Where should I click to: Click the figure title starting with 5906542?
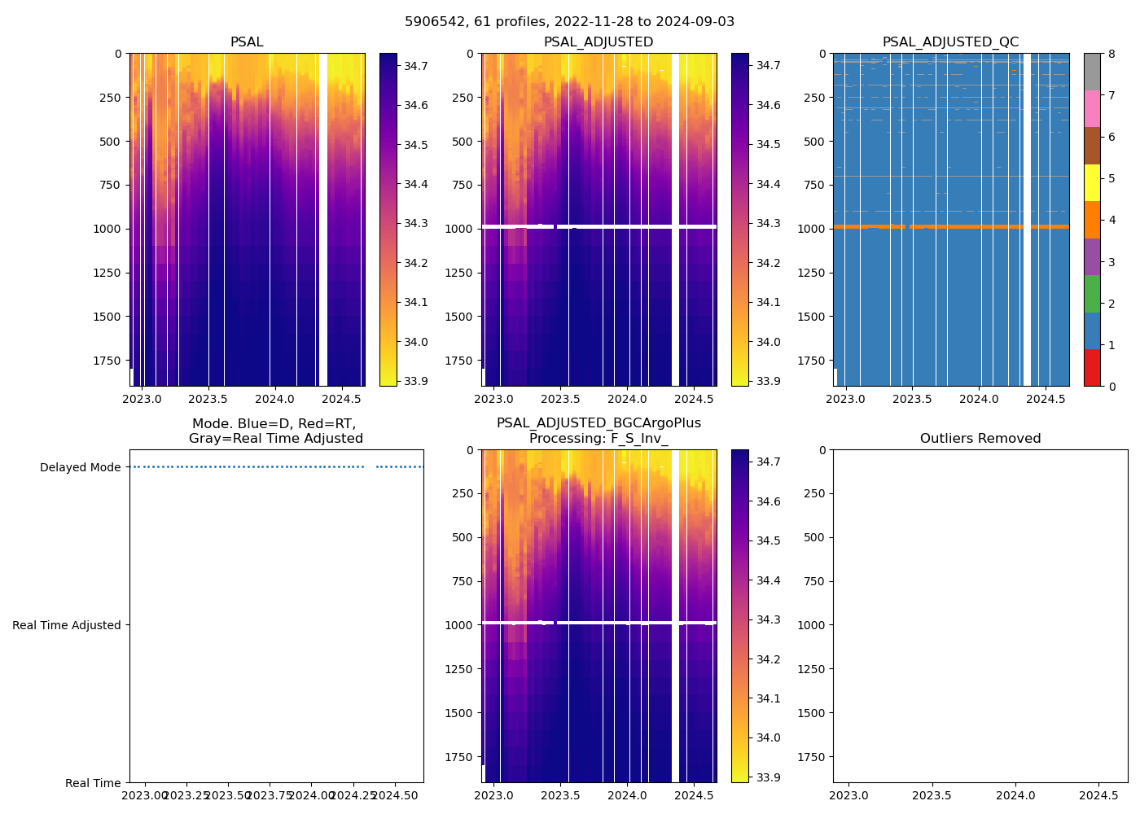point(569,22)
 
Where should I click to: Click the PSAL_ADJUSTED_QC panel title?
point(950,42)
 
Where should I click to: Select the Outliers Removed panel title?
point(980,439)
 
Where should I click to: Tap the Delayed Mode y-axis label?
point(80,467)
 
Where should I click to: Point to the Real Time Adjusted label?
point(67,625)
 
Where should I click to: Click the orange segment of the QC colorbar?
point(1091,220)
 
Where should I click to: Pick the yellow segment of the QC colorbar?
point(1091,182)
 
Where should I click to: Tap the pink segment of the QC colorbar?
point(1091,108)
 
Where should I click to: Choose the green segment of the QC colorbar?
point(1091,293)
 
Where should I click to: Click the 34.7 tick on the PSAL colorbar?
point(416,66)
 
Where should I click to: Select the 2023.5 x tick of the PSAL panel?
point(208,399)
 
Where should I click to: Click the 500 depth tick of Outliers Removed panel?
point(815,537)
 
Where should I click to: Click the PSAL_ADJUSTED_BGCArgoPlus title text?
point(598,423)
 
